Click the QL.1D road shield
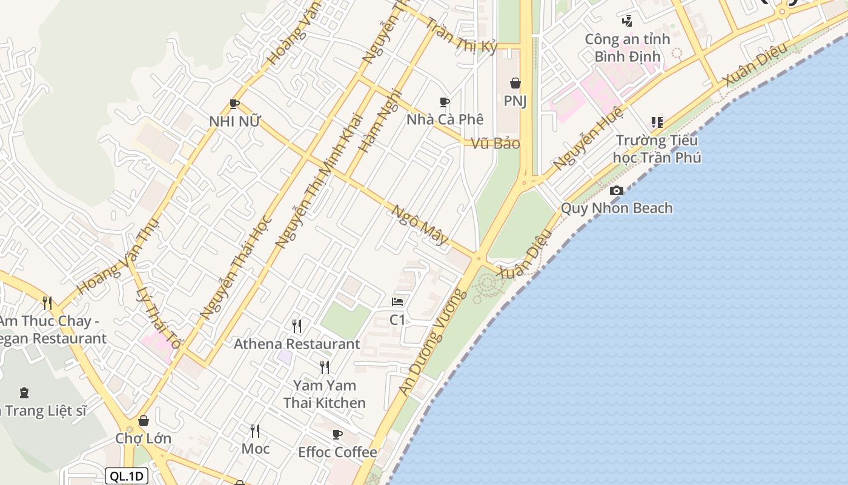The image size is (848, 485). tap(127, 476)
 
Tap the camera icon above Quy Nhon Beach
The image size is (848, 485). tap(617, 191)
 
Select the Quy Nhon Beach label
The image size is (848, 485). tap(617, 208)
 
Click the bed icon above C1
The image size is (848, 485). tap(397, 302)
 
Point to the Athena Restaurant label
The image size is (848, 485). tap(297, 344)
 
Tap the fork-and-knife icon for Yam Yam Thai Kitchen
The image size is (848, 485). tap(325, 367)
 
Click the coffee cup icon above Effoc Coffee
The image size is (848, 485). tap(337, 434)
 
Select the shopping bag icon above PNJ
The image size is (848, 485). tap(515, 83)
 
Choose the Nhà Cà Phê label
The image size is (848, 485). tap(445, 119)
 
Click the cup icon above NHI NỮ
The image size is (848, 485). tap(234, 104)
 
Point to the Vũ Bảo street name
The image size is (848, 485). tap(495, 144)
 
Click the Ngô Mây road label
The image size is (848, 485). tap(420, 225)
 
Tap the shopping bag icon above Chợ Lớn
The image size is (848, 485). tap(144, 421)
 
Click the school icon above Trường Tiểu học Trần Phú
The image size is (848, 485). tap(657, 123)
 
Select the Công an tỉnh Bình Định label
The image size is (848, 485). tap(627, 48)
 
